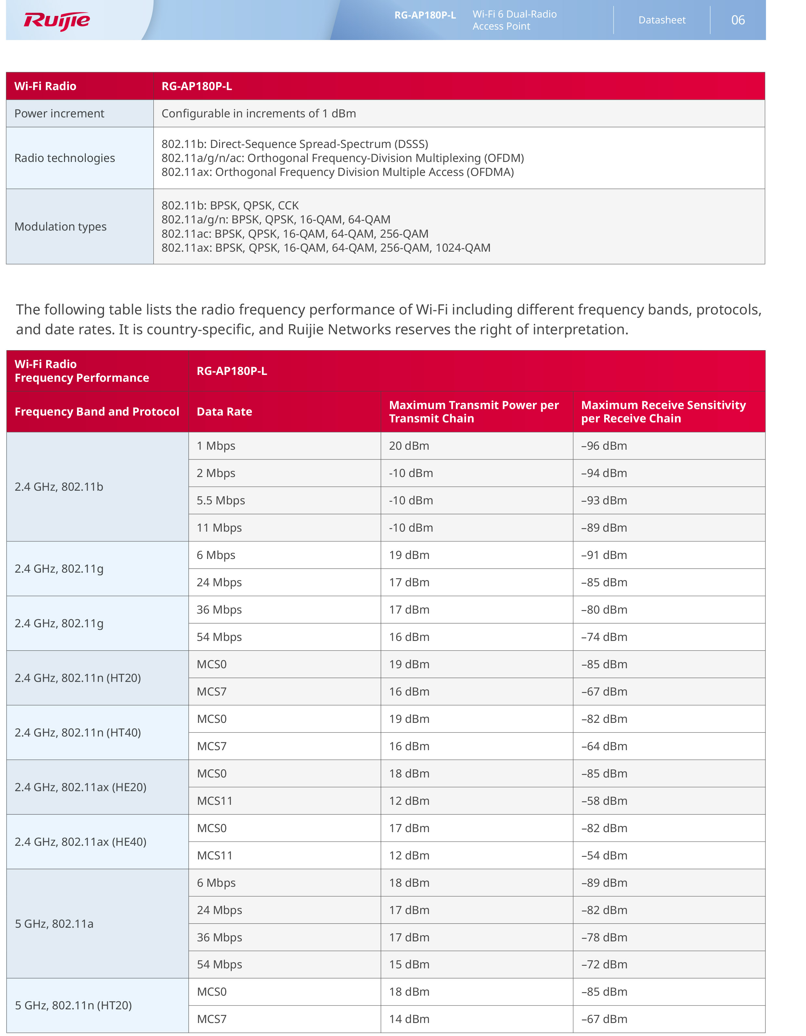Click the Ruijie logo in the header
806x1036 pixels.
[57, 21]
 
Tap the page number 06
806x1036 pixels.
[738, 20]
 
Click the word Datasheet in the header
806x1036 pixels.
[662, 20]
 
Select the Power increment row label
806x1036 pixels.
[59, 113]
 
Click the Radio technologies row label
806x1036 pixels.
[64, 158]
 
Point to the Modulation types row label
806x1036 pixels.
[60, 227]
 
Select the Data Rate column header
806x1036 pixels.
[224, 412]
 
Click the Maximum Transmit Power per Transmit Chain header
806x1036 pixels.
[474, 412]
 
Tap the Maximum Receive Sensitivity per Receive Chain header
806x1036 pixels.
[663, 412]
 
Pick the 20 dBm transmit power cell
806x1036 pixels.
[409, 446]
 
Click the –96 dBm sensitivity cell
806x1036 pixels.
[604, 446]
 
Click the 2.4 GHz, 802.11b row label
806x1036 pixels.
[59, 487]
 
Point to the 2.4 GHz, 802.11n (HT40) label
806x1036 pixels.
[78, 732]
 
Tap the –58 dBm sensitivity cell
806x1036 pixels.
[604, 801]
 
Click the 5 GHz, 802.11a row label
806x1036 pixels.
[54, 923]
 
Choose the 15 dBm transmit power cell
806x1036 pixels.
[409, 964]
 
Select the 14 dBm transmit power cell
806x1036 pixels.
[409, 1019]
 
